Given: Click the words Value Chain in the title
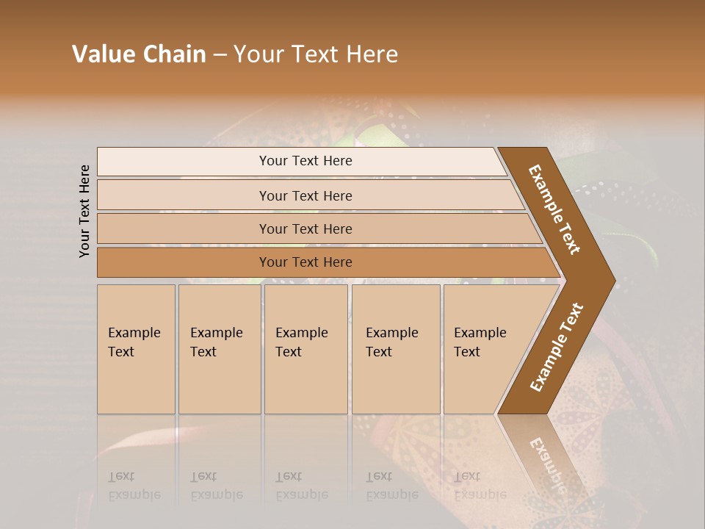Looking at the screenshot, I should coord(139,54).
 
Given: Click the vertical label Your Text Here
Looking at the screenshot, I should coord(84,211).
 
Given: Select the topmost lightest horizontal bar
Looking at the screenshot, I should coord(184,162).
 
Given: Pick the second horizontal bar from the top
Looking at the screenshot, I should coord(184,195).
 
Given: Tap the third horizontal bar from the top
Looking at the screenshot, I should coord(184,228).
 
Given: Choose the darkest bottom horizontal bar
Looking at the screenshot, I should coord(184,262).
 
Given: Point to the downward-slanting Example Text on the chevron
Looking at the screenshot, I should coord(554,209).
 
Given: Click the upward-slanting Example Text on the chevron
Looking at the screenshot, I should coord(556,348).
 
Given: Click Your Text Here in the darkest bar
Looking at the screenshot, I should coord(305,262).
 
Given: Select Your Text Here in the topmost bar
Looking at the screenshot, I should coord(305,161).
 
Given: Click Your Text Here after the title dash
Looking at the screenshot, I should coord(316,54).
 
